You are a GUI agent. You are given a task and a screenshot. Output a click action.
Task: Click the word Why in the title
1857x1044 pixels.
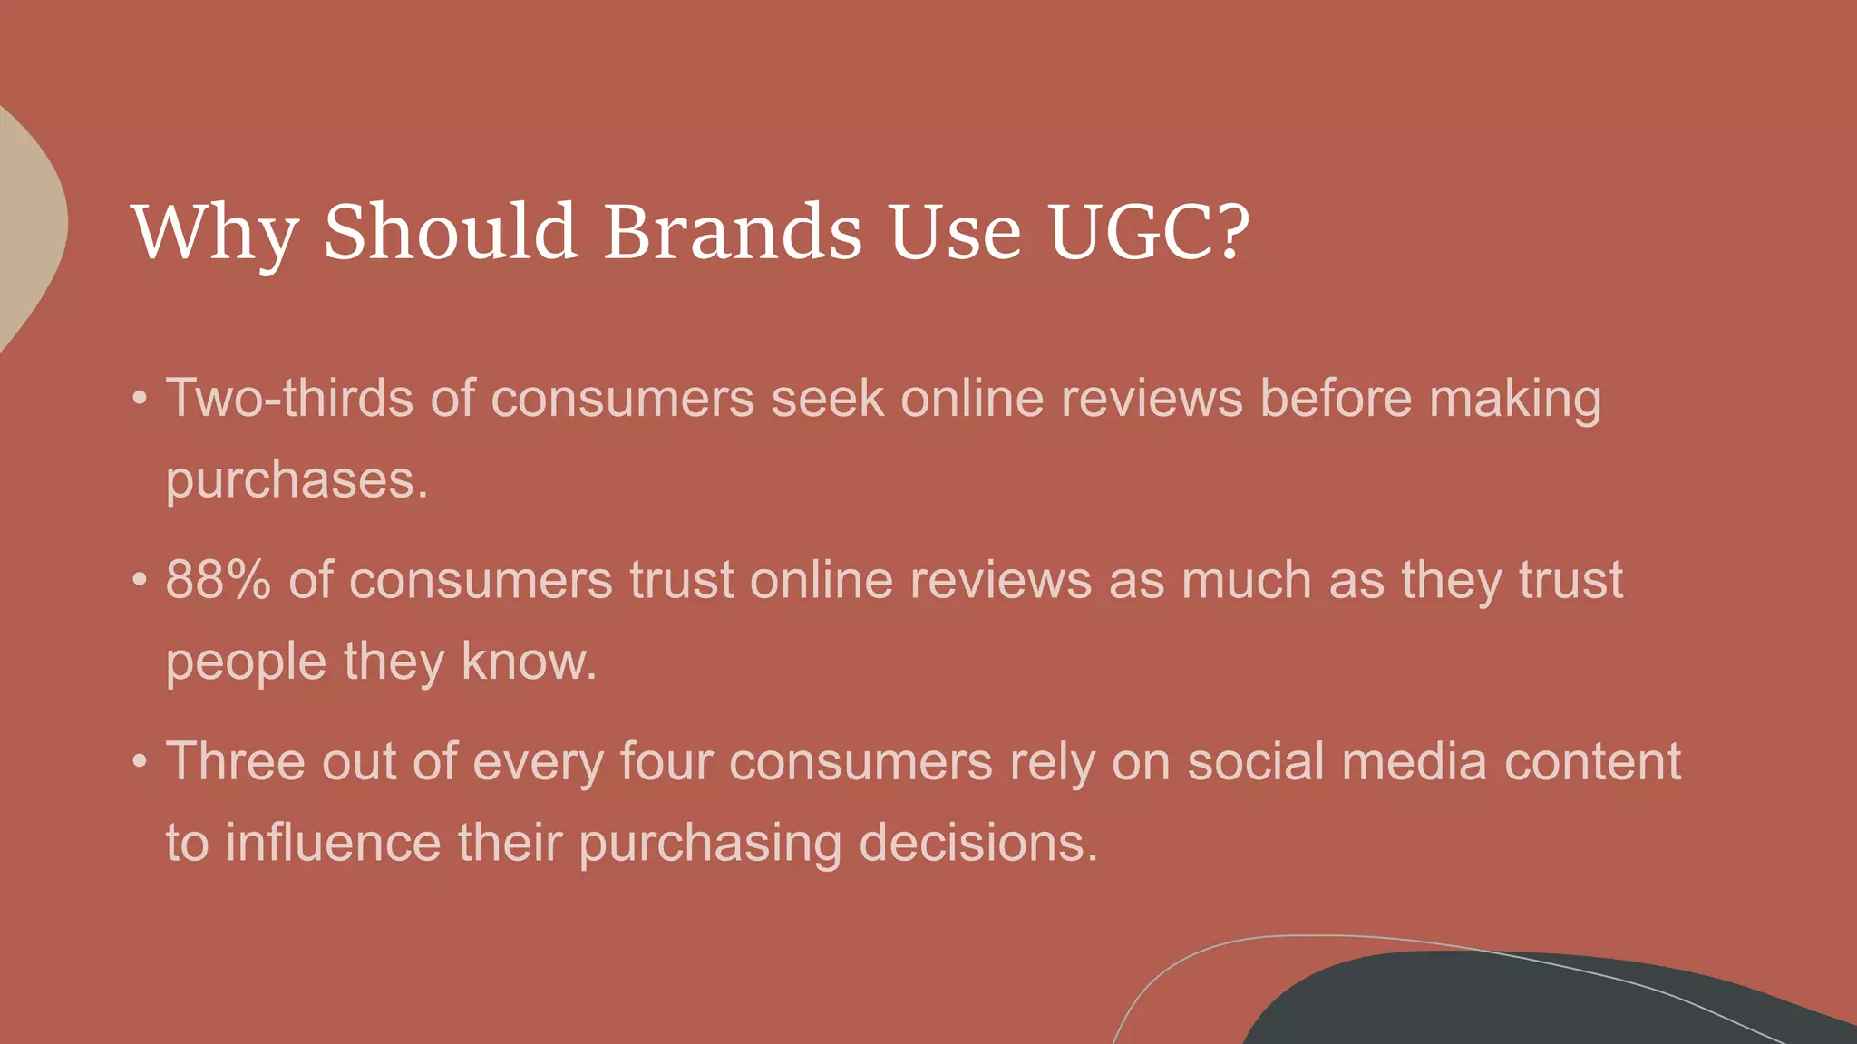[x=214, y=233]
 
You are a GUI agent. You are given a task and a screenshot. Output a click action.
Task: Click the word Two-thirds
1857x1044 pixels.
[x=289, y=398]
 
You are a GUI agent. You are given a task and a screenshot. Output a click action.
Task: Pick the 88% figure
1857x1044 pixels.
[x=219, y=580]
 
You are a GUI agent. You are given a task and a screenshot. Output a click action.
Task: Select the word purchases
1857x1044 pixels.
[x=297, y=480]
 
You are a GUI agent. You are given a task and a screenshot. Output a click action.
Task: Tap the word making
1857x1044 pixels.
[x=1515, y=400]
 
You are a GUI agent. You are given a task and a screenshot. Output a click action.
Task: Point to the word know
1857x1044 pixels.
[x=529, y=662]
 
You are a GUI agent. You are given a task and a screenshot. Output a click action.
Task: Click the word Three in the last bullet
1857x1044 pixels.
[x=236, y=761]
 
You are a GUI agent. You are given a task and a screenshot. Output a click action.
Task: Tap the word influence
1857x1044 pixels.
[x=333, y=843]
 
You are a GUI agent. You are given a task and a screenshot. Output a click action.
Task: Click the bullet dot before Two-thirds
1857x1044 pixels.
[x=139, y=399]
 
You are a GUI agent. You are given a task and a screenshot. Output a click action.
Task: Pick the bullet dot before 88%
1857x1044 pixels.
[x=139, y=580]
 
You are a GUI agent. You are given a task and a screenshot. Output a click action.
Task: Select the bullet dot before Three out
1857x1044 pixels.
[x=139, y=761]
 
